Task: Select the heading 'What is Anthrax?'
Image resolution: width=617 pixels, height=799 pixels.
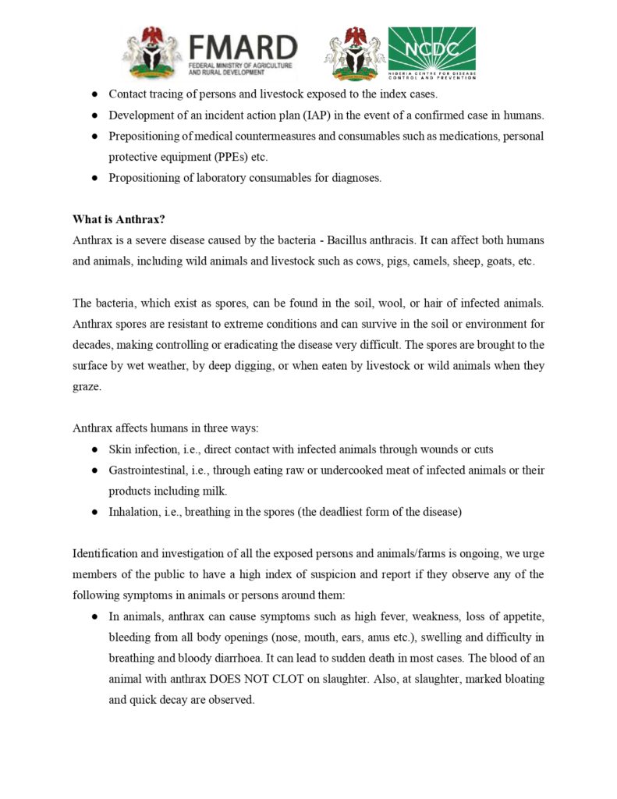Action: coord(119,219)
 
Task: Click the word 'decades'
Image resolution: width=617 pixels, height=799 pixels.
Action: coord(94,345)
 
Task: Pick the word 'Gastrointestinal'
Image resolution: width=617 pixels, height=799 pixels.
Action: coord(147,471)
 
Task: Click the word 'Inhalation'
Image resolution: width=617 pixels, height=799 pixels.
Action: coord(135,513)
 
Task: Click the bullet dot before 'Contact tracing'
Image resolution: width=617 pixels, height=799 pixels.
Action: coord(94,94)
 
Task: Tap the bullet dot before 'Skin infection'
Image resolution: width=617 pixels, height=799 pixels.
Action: coord(94,449)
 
